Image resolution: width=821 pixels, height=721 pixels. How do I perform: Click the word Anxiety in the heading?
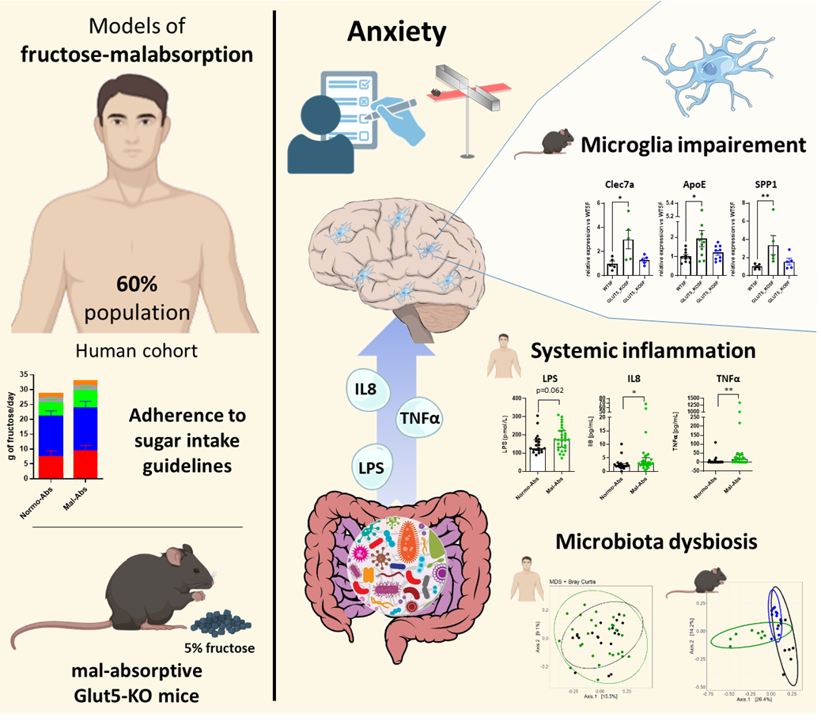point(395,32)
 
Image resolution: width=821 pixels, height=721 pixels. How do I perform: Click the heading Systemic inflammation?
point(643,350)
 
